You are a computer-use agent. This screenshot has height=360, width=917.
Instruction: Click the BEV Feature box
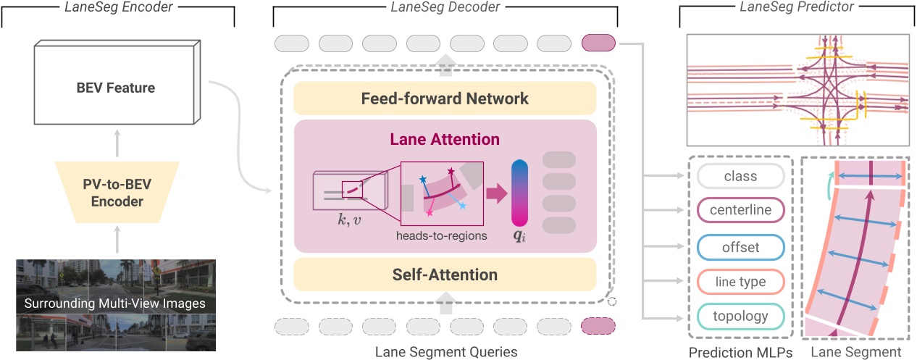[x=116, y=88]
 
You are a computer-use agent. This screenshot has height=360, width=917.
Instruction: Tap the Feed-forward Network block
[x=445, y=98]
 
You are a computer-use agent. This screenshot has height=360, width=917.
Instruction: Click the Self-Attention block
[x=445, y=275]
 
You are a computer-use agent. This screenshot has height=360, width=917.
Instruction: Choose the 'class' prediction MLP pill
[x=740, y=176]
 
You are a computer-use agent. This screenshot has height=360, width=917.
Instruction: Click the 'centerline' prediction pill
[x=740, y=211]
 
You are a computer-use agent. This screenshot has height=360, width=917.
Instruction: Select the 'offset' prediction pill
[x=740, y=246]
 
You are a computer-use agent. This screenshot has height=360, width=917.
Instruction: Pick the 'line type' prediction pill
[x=740, y=281]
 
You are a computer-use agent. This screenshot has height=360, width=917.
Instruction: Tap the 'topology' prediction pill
[x=740, y=317]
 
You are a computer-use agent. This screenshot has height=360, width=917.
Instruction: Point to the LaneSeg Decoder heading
[x=445, y=7]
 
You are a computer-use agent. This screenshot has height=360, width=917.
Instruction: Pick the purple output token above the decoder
[x=598, y=43]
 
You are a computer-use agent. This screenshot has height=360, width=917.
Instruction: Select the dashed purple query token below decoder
[x=598, y=327]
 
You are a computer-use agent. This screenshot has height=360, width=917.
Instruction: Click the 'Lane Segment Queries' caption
[x=445, y=352]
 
